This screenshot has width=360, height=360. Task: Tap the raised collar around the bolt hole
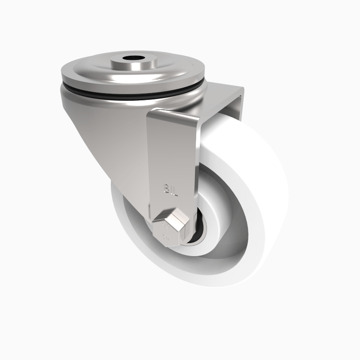pos(133,64)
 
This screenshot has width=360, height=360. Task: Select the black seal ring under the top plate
pos(135,95)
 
